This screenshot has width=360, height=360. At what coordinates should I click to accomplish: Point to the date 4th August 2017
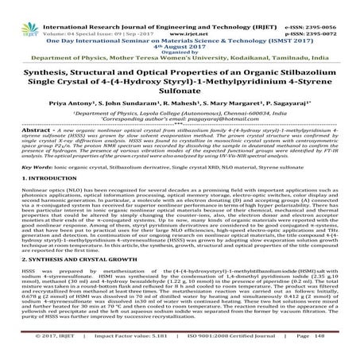click(180, 30)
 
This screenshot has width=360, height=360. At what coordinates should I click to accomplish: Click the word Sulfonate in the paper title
click(180, 91)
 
